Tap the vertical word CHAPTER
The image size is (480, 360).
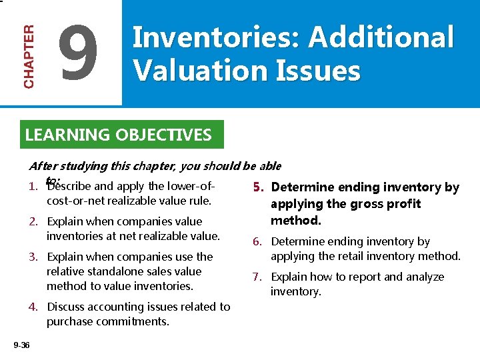[29, 56]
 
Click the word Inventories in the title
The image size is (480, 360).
[217, 38]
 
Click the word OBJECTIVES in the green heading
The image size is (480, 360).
[163, 135]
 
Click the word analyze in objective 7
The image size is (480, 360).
[427, 277]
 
